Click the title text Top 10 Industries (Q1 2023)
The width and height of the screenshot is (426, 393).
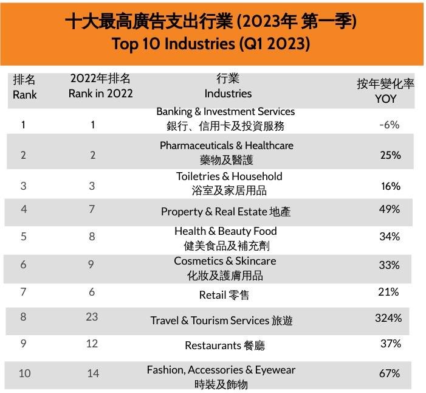(211, 44)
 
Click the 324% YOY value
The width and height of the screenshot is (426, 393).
(388, 318)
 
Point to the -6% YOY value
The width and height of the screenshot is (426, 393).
(389, 125)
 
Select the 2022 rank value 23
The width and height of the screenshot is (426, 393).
(92, 318)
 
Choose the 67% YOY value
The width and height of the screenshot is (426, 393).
(390, 373)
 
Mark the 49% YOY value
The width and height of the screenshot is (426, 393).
(390, 209)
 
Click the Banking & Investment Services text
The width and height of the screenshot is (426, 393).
(225, 112)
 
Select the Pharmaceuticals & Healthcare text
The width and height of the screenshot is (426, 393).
(226, 145)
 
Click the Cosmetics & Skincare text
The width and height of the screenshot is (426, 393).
(225, 261)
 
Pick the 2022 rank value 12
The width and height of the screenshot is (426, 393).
(92, 344)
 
